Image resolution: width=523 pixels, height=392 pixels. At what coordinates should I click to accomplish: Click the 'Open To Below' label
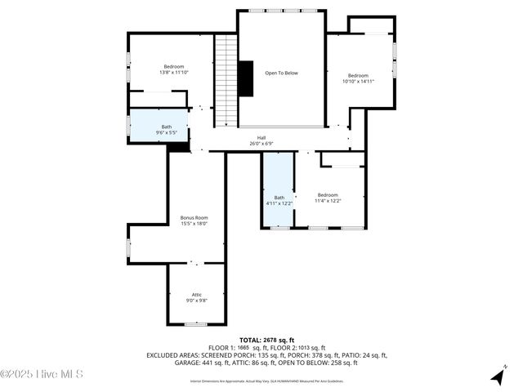(281, 73)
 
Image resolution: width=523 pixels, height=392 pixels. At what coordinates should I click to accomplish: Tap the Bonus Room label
(194, 217)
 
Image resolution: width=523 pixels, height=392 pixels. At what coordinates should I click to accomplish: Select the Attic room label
(196, 294)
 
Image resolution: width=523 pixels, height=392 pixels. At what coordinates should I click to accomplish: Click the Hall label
(261, 137)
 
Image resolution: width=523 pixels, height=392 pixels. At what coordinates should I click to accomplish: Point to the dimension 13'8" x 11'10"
(173, 73)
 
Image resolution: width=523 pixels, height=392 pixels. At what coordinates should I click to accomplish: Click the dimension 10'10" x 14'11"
(358, 81)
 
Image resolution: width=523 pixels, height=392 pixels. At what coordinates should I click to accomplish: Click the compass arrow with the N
(498, 376)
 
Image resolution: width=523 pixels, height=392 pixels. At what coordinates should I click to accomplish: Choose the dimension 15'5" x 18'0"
(194, 224)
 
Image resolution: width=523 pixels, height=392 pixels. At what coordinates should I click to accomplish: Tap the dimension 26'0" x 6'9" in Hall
(261, 143)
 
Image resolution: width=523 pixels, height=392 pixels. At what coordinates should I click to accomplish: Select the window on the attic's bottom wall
(195, 324)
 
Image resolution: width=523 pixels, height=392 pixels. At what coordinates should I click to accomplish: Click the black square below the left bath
(178, 148)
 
